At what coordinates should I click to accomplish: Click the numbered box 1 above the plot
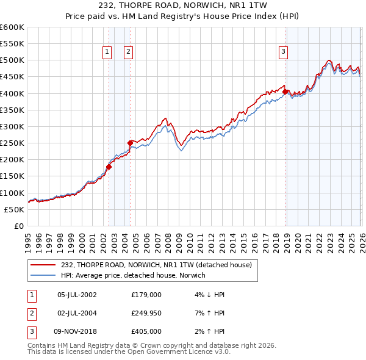[107, 52]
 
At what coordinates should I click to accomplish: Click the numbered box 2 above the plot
[129, 52]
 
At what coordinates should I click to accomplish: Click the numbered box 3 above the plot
[284, 52]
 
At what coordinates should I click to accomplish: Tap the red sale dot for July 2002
[109, 166]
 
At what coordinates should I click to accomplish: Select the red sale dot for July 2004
[130, 143]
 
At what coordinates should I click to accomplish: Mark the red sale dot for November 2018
[285, 92]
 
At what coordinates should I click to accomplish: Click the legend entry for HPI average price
[133, 275]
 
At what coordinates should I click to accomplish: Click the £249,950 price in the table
[146, 313]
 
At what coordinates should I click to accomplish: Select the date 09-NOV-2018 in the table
[78, 331]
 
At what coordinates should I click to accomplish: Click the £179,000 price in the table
[146, 295]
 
